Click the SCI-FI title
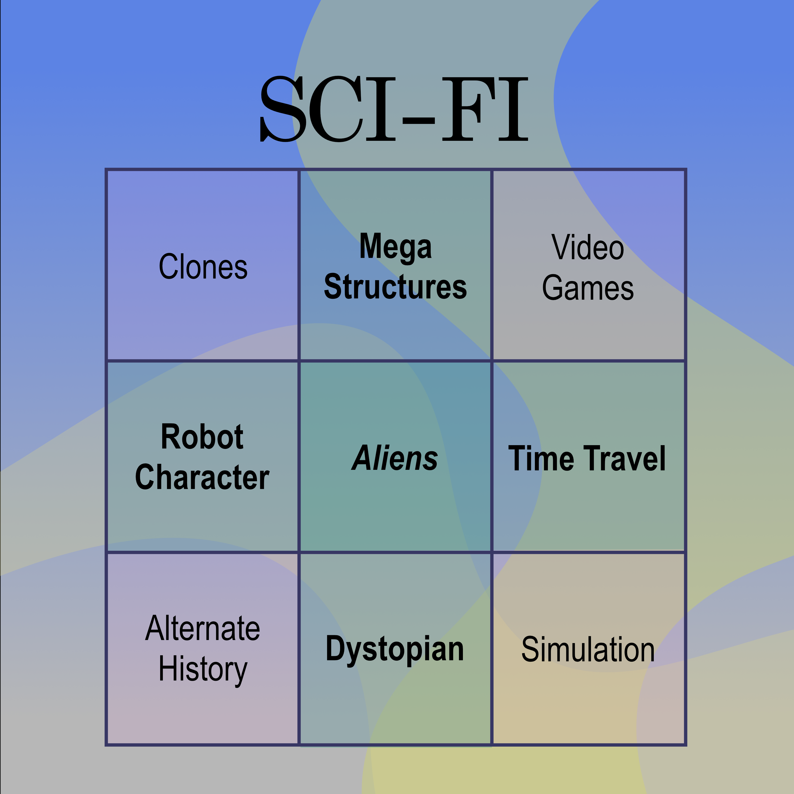click(x=395, y=109)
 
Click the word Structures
click(x=395, y=286)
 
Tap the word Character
click(x=202, y=477)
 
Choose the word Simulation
click(x=588, y=649)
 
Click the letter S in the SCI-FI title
click(x=283, y=109)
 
